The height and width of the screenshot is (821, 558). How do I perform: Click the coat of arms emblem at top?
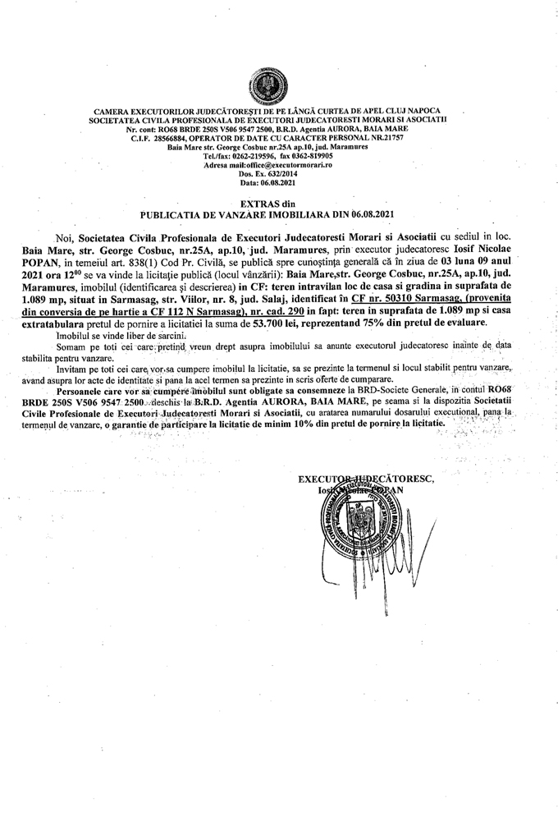point(278,85)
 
